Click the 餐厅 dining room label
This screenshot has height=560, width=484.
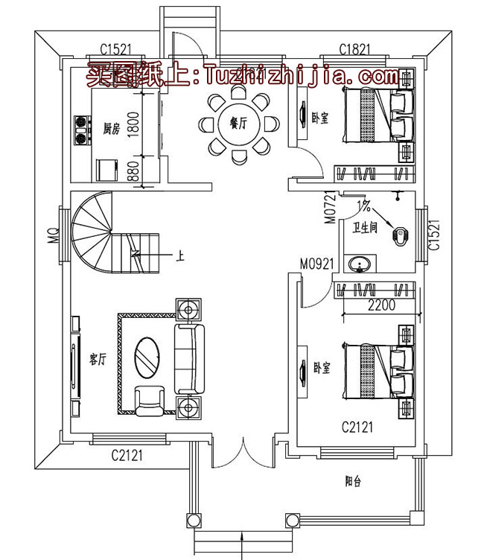click(238, 124)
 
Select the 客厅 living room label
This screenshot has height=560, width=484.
click(98, 360)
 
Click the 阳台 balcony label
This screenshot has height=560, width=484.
click(353, 481)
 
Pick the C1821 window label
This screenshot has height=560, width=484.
click(355, 49)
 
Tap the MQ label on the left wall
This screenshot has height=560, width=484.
click(54, 237)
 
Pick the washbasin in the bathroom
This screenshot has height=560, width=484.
click(363, 265)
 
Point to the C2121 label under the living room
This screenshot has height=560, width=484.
click(127, 454)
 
